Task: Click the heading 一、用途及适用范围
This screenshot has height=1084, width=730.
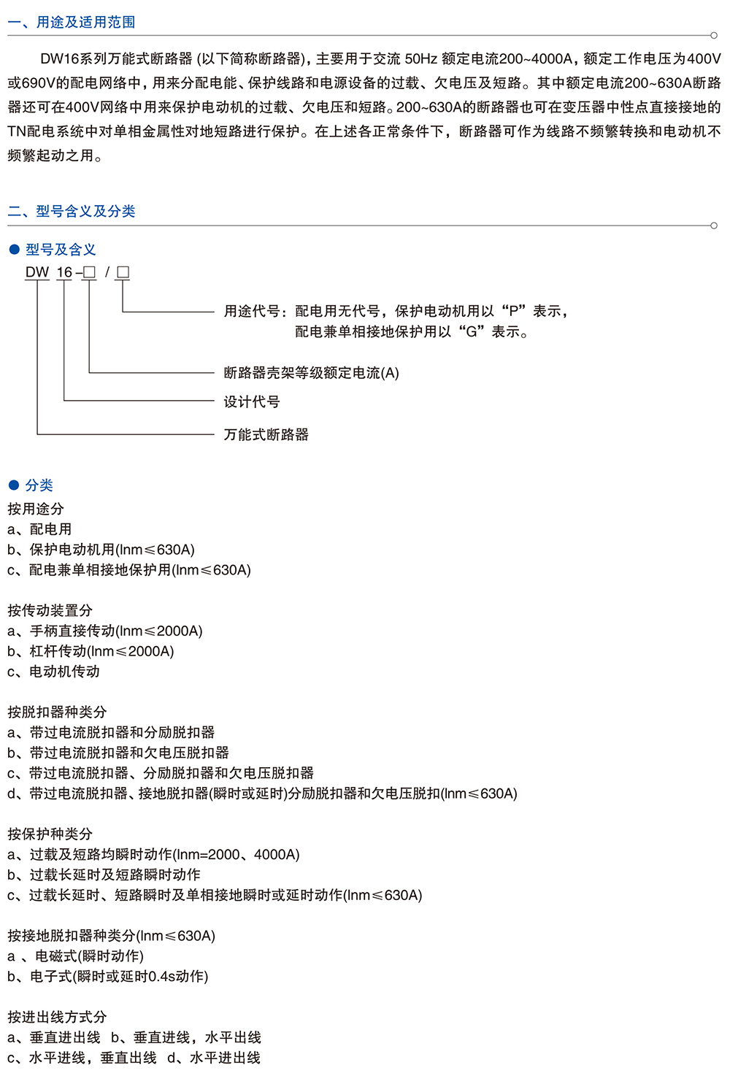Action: [x=72, y=23]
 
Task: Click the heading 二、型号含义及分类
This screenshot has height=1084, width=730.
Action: [x=72, y=212]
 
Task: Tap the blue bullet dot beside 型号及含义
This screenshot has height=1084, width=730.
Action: [x=14, y=250]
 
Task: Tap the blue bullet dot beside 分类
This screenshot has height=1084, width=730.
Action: [x=14, y=485]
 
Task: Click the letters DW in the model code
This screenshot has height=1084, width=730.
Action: [x=37, y=272]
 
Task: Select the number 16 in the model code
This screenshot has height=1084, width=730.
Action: [x=64, y=272]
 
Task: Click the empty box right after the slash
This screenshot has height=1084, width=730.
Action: [x=123, y=272]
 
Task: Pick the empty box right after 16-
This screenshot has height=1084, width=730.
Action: [x=89, y=272]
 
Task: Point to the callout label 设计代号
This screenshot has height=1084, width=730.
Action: [x=252, y=401]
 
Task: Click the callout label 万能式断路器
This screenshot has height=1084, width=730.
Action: [x=266, y=435]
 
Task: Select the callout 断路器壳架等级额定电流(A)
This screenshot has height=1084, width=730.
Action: [x=312, y=373]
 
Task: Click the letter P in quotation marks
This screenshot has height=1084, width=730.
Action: [x=513, y=312]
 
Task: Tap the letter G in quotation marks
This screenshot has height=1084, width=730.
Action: [x=472, y=332]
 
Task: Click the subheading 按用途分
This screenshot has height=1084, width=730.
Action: [x=36, y=509]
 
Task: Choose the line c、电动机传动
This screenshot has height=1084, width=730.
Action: [x=54, y=672]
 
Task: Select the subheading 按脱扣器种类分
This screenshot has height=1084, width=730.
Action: [x=57, y=712]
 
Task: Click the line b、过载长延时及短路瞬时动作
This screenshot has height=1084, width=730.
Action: [x=104, y=874]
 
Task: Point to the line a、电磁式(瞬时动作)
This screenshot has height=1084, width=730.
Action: [x=76, y=956]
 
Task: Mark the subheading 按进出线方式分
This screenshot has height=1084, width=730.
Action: [x=57, y=1017]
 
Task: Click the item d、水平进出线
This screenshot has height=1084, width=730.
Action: [x=214, y=1058]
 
